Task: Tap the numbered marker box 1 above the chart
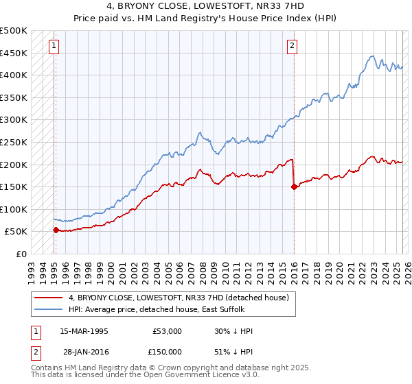[54, 46]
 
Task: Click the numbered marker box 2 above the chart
[292, 46]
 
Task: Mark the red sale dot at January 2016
[294, 187]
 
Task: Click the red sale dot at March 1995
[56, 230]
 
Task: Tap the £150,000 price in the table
[168, 351]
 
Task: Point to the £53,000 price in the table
[168, 331]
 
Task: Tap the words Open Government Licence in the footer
[204, 376]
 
